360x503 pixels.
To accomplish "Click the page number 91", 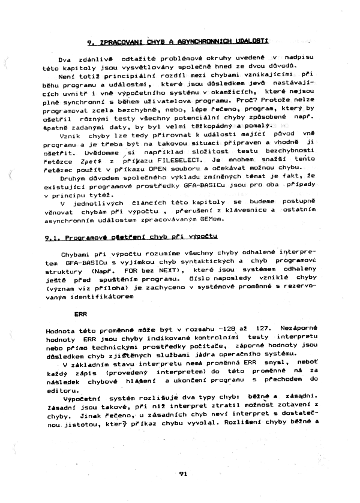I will (183, 473).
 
